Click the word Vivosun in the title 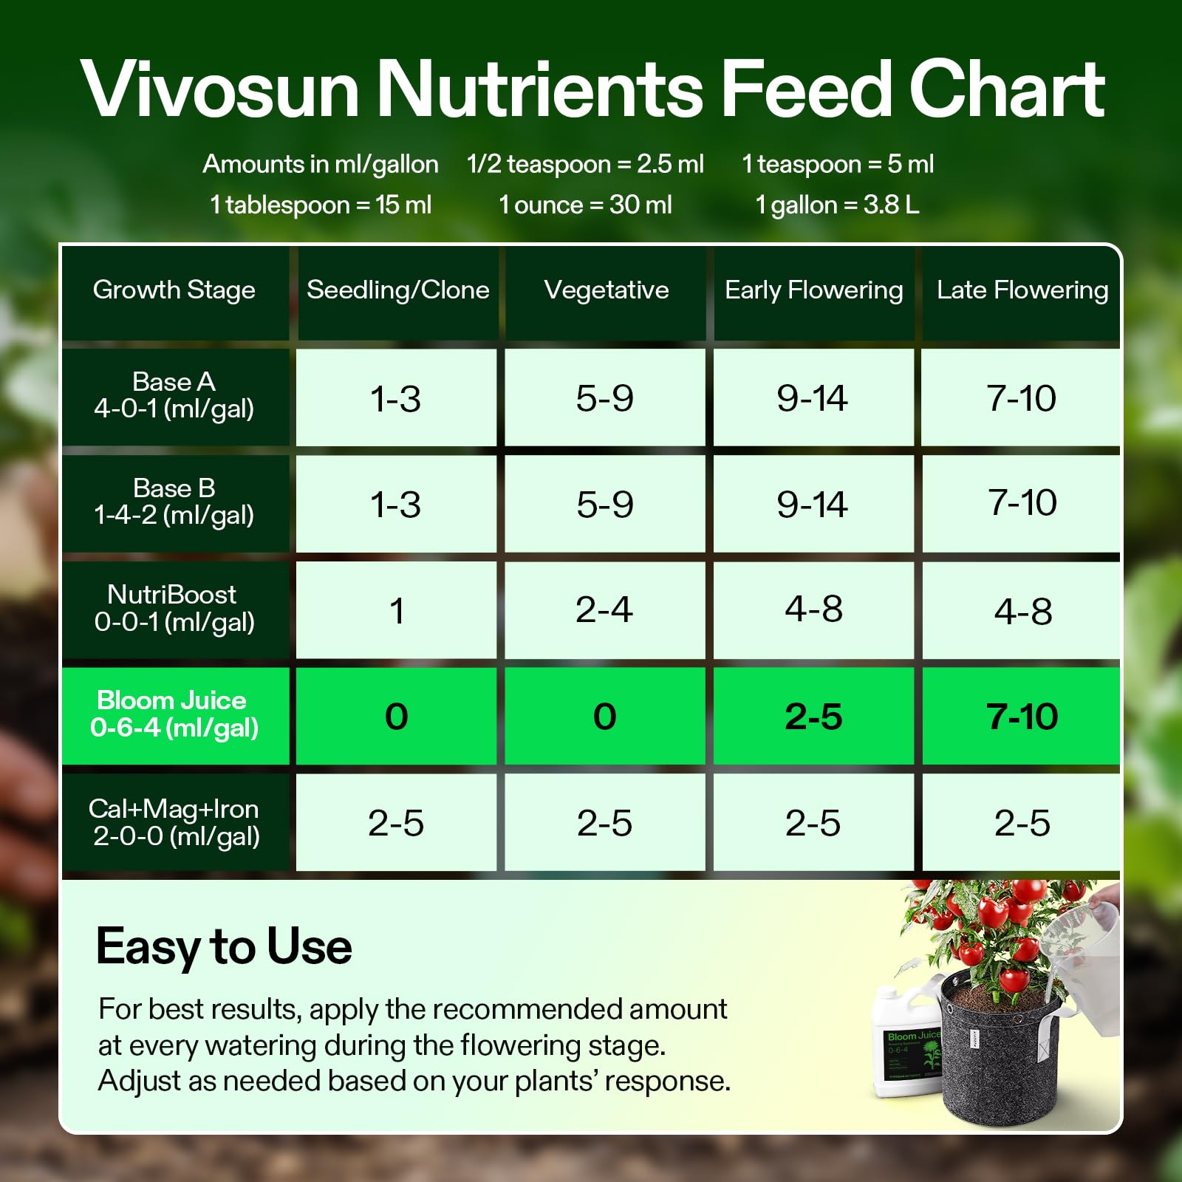[220, 89]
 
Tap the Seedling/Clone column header [397, 290]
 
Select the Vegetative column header [606, 290]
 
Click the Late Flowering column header [1022, 290]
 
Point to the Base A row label [174, 396]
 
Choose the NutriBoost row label [174, 609]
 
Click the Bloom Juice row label [174, 715]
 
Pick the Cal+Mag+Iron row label [174, 822]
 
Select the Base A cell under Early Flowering [813, 397]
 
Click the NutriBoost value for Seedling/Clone [397, 610]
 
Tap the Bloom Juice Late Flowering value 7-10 [1022, 717]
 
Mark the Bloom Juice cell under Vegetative [605, 717]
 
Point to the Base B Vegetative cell [605, 504]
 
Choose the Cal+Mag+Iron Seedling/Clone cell [397, 823]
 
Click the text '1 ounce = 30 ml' [585, 205]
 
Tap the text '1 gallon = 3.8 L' [837, 205]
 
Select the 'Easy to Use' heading [224, 947]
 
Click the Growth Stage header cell [174, 290]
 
